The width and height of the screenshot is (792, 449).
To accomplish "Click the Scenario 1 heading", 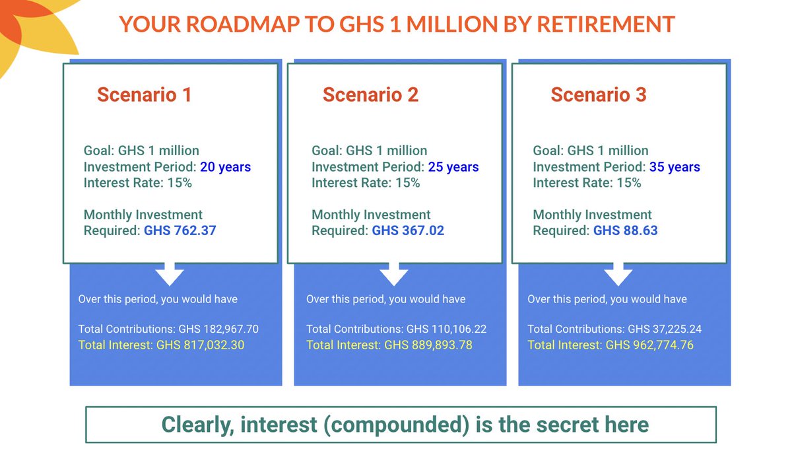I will pos(144,95).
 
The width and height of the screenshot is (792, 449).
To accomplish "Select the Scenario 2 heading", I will pos(370,95).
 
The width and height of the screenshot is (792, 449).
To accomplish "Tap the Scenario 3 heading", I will pos(599,95).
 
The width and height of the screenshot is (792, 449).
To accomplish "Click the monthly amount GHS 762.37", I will pos(180,231).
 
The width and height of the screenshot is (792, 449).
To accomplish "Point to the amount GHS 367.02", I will pos(408,231).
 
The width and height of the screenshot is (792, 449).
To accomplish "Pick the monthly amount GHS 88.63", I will pos(625,231).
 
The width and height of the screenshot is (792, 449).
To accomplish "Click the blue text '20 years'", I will pos(226,167).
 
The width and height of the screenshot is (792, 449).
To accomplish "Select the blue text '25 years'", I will pos(453,167).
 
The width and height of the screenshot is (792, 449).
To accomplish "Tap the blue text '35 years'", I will pos(675,167).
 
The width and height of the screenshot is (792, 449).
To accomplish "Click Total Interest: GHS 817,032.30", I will pos(161,345).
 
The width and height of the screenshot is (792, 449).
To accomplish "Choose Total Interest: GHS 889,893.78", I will pos(389,345).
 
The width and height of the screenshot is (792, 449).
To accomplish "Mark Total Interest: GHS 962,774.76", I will pos(610,345).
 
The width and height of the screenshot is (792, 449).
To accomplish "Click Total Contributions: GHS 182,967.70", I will pos(168,329).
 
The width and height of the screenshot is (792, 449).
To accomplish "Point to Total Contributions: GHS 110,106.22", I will pos(396,329).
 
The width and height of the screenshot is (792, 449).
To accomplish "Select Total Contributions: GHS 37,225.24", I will pos(610,329).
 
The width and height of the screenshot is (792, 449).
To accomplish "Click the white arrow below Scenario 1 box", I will pos(170,273).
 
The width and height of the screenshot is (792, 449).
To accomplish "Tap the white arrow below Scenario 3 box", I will pos(618,273).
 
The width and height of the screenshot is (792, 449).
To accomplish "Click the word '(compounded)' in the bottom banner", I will pos(389,425).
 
